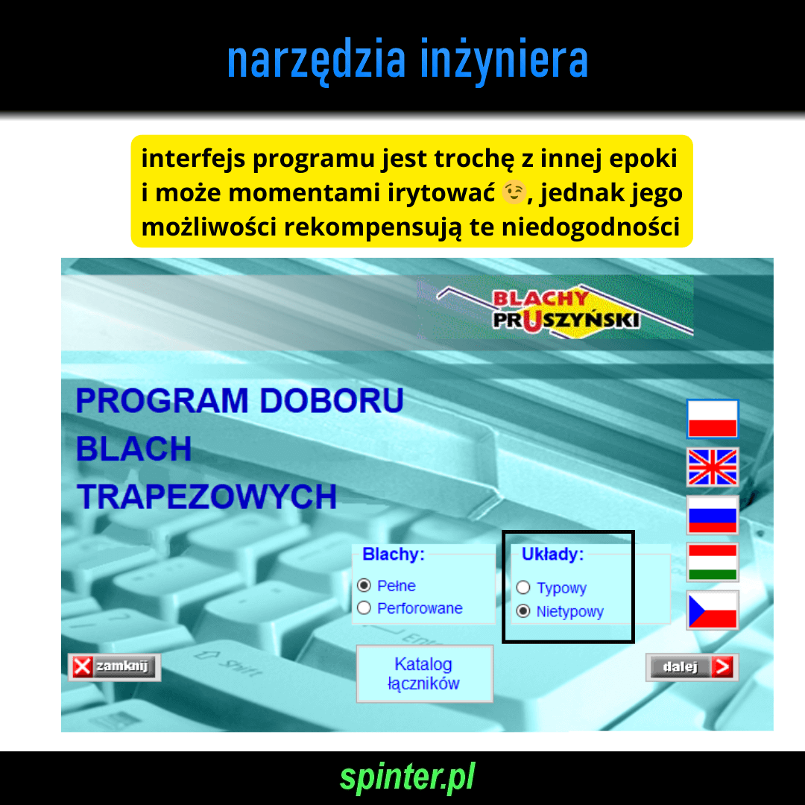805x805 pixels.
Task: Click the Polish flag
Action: pyautogui.click(x=712, y=418)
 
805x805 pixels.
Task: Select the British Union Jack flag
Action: pyautogui.click(x=712, y=467)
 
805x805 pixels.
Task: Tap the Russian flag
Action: pyautogui.click(x=712, y=514)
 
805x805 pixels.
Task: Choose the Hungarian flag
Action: pyautogui.click(x=712, y=562)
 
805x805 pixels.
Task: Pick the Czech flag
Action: pyautogui.click(x=712, y=610)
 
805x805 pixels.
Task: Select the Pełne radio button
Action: pyautogui.click(x=364, y=585)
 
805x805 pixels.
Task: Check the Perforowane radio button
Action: pyautogui.click(x=364, y=608)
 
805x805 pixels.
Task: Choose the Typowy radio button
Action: pyautogui.click(x=523, y=587)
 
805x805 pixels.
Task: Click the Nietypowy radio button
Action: pyautogui.click(x=523, y=611)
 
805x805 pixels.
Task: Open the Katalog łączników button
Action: pyautogui.click(x=425, y=674)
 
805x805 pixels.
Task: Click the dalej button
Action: pyautogui.click(x=692, y=667)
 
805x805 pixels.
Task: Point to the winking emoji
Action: pyautogui.click(x=514, y=192)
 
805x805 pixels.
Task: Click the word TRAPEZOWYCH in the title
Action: pyautogui.click(x=207, y=496)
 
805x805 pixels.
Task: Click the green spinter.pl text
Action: pyautogui.click(x=408, y=777)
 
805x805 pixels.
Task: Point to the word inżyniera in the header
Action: pyautogui.click(x=504, y=60)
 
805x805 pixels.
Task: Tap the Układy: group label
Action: pyautogui.click(x=553, y=554)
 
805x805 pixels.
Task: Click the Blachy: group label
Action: pyautogui.click(x=394, y=554)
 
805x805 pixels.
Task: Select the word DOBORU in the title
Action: pyautogui.click(x=332, y=400)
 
